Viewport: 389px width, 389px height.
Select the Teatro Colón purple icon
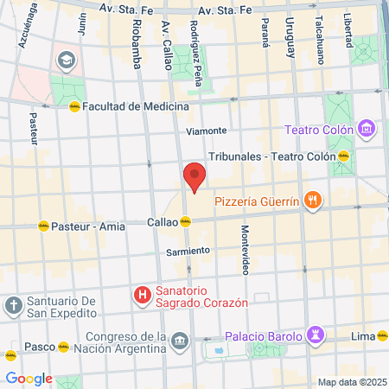(367, 131)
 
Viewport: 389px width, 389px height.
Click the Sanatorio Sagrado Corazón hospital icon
(142, 297)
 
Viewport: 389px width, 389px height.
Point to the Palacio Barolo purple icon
(316, 335)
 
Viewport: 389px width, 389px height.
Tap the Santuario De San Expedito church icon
(13, 305)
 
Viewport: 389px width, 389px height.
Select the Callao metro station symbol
(186, 221)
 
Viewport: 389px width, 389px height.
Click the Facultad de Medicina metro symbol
(75, 106)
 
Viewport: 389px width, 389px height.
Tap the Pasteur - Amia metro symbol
(44, 226)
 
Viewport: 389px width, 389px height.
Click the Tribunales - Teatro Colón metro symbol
(343, 156)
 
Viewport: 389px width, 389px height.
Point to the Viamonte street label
(207, 131)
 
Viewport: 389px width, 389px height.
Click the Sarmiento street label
(188, 251)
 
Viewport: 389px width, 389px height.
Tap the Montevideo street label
(245, 250)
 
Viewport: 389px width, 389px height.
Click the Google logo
(29, 378)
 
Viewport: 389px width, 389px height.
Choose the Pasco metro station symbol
(63, 348)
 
